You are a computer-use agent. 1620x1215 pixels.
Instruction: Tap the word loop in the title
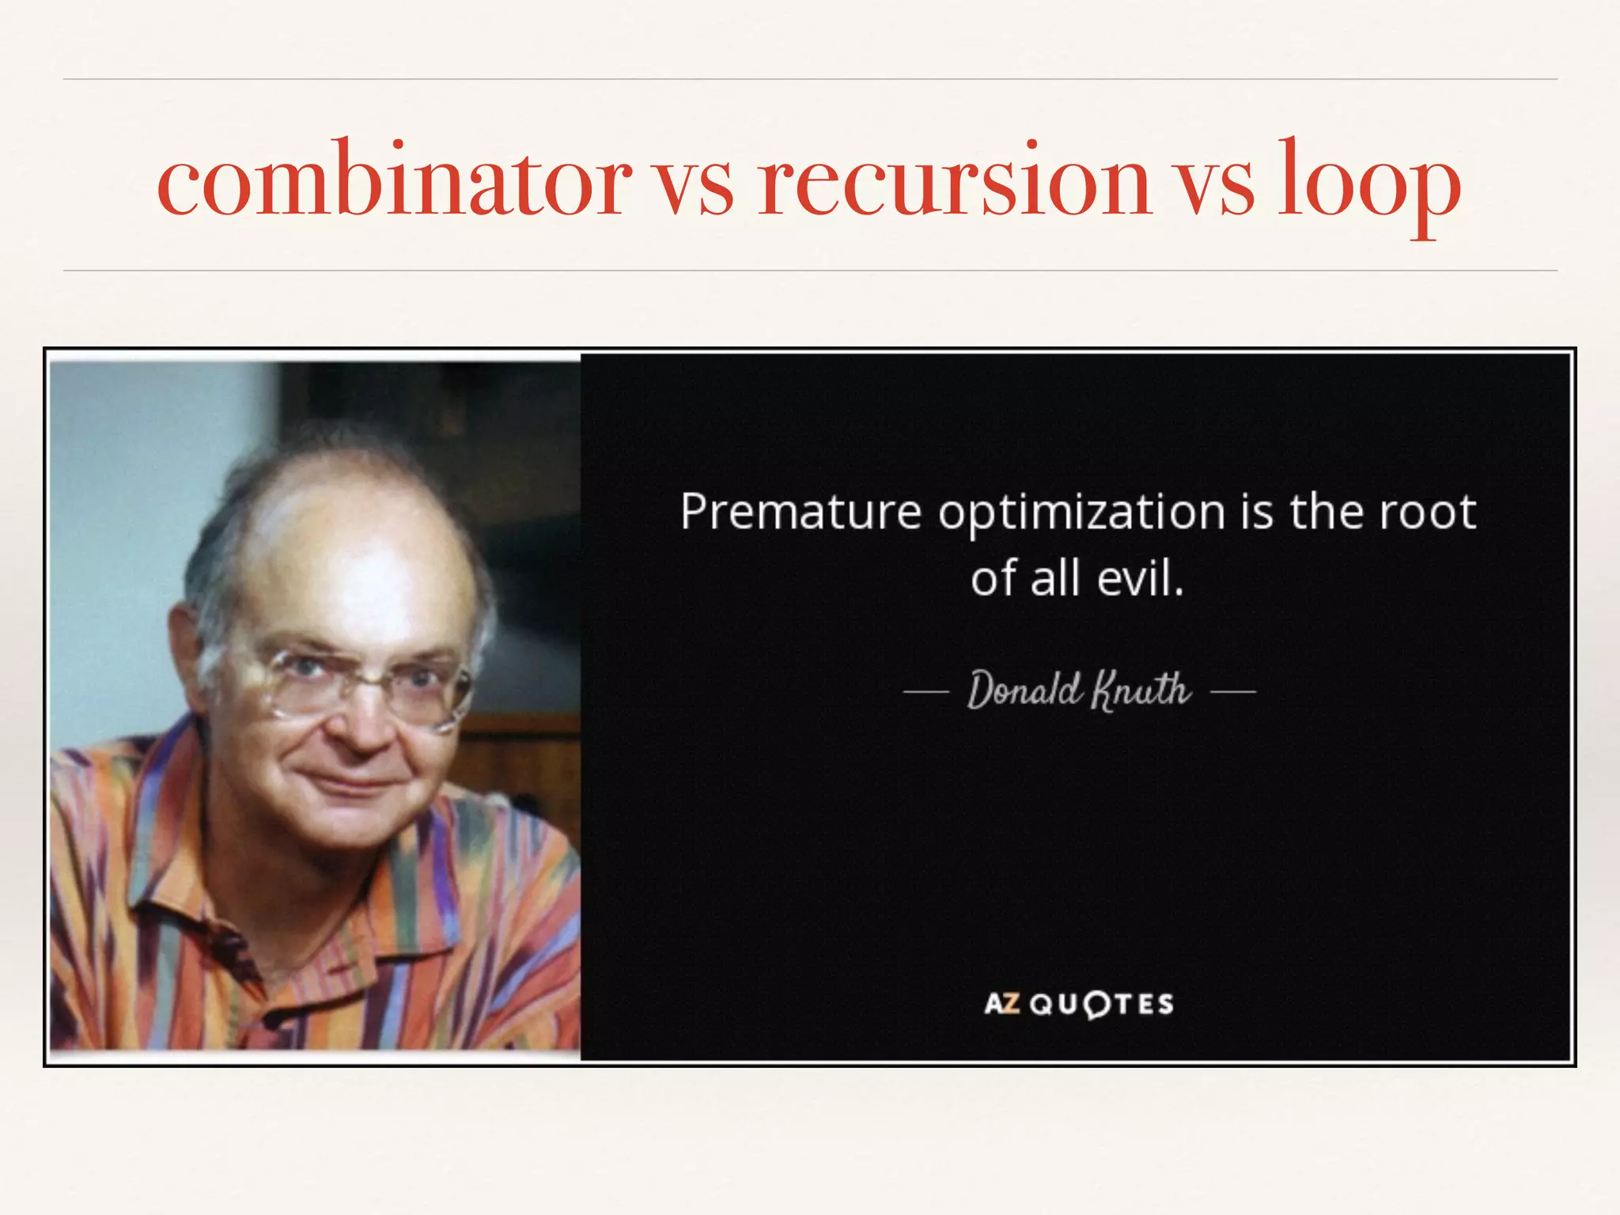coord(1369,187)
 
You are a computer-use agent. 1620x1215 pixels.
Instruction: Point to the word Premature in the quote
coord(801,513)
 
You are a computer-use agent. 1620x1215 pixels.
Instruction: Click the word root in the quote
coord(1428,513)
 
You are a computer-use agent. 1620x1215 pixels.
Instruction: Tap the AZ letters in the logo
coord(1001,1005)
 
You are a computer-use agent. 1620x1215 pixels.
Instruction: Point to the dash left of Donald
coord(925,692)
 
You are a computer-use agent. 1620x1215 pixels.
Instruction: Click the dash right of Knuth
coord(1233,692)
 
